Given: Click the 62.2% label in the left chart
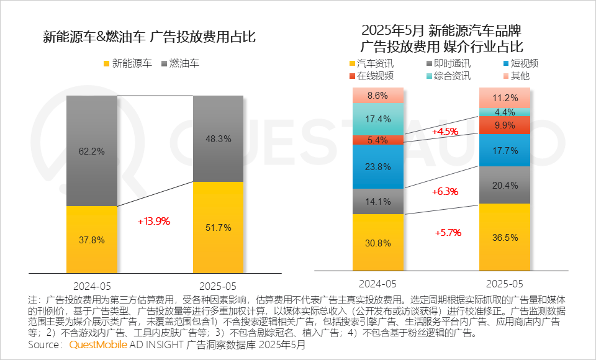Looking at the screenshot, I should [x=91, y=150].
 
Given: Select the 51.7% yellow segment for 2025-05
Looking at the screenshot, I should [x=218, y=228].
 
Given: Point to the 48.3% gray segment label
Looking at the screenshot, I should [x=218, y=139].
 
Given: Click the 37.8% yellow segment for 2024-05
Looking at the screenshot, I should [x=91, y=240].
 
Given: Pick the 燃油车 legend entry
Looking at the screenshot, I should [x=181, y=63].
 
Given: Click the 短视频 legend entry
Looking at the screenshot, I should [x=520, y=63].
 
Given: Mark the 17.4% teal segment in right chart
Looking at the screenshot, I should [x=378, y=119].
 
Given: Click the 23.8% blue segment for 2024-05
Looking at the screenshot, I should [x=378, y=167].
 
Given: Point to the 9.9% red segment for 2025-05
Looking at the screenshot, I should [x=504, y=125].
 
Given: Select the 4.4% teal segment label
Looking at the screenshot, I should [x=504, y=112].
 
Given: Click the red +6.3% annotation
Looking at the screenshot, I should [x=445, y=192].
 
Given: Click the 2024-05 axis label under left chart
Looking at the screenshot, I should [x=92, y=287].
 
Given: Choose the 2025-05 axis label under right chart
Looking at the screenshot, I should [x=504, y=284].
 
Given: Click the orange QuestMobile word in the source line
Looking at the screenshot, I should [x=98, y=345].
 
